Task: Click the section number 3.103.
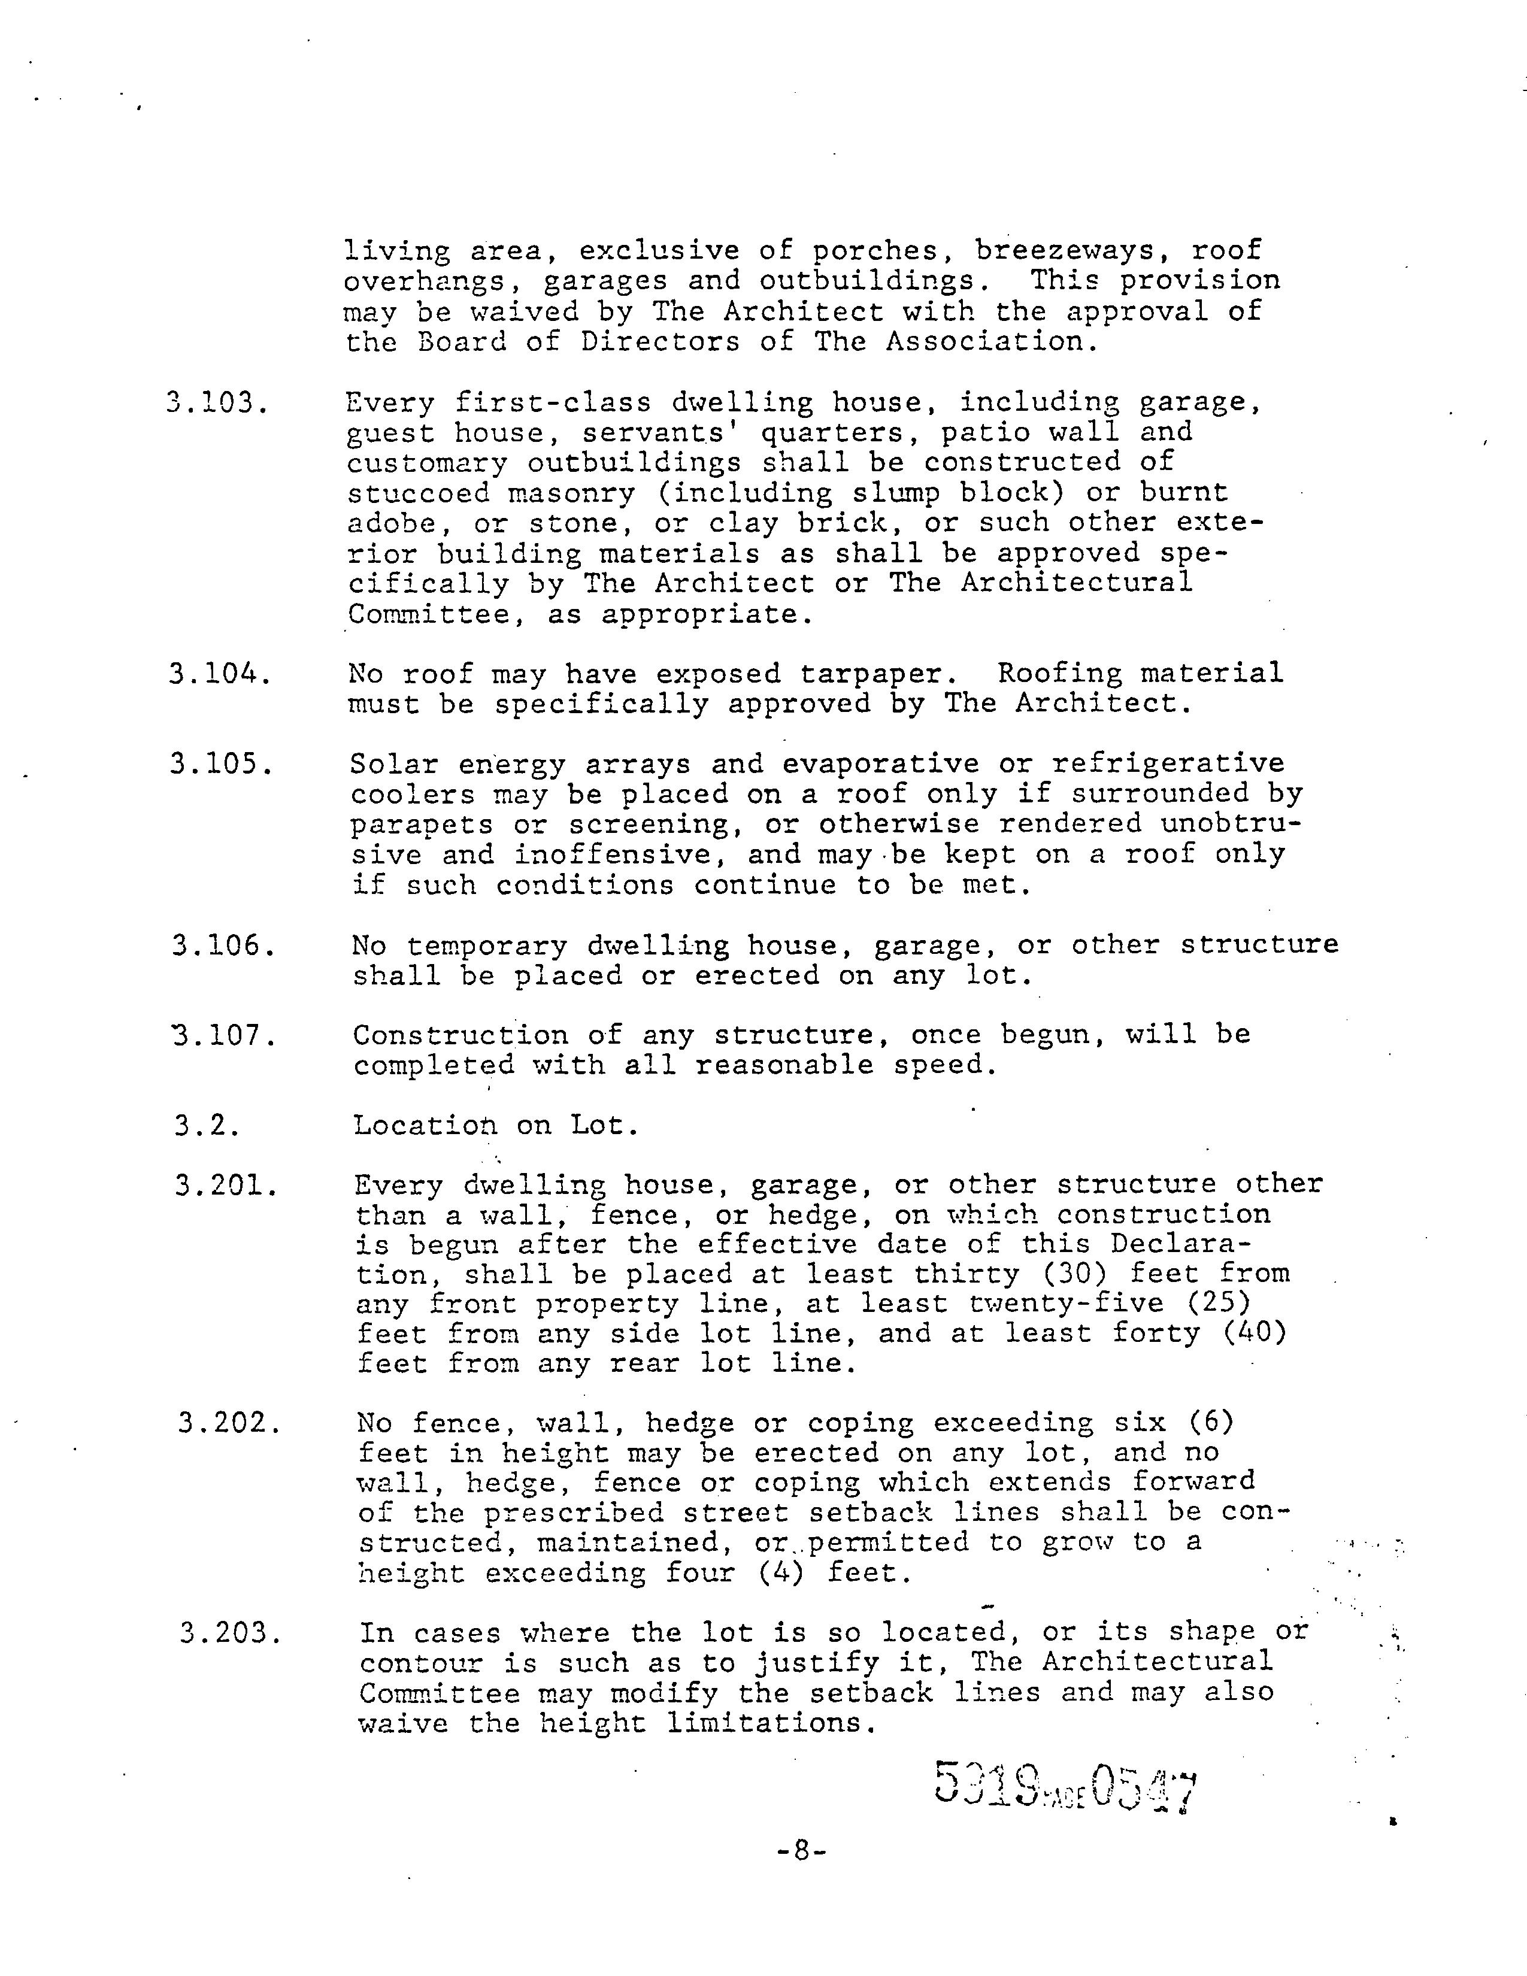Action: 217,402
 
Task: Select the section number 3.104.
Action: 220,674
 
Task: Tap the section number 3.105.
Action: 222,765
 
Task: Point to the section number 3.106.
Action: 223,945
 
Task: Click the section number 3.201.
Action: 226,1185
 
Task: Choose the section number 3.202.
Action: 228,1424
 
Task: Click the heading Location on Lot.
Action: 496,1126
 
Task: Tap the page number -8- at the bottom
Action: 801,1851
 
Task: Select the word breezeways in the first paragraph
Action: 1072,251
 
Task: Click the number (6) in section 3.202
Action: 1211,1423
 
